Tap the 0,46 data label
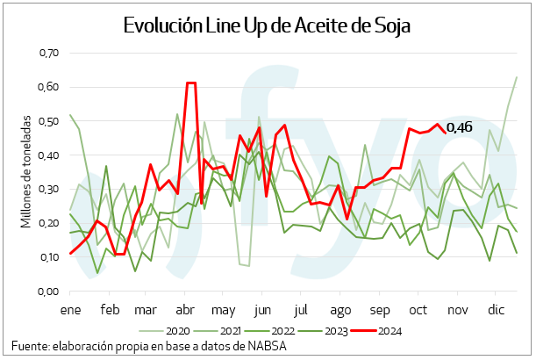[459, 128]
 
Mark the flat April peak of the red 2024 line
[190, 83]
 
